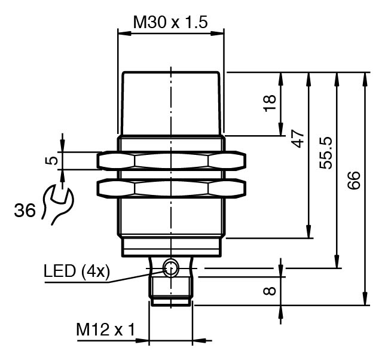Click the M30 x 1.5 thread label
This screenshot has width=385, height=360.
point(170,23)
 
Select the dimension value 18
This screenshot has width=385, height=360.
point(271,102)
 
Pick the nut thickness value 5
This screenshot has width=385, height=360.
point(53,160)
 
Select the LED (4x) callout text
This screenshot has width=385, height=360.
point(77,272)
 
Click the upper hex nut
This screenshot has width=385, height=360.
point(171,160)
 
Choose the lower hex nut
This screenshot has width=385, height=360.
point(171,188)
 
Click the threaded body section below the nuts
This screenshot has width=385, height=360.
point(171,218)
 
